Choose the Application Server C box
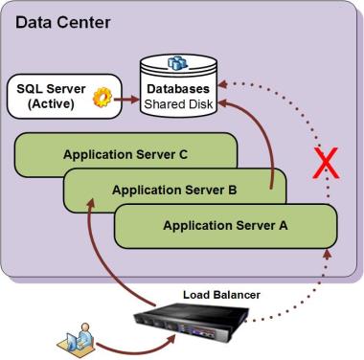tap(125, 153)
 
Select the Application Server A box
tap(225, 226)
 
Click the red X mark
tap(327, 165)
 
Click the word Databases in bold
tap(178, 88)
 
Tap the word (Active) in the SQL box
tap(49, 103)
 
